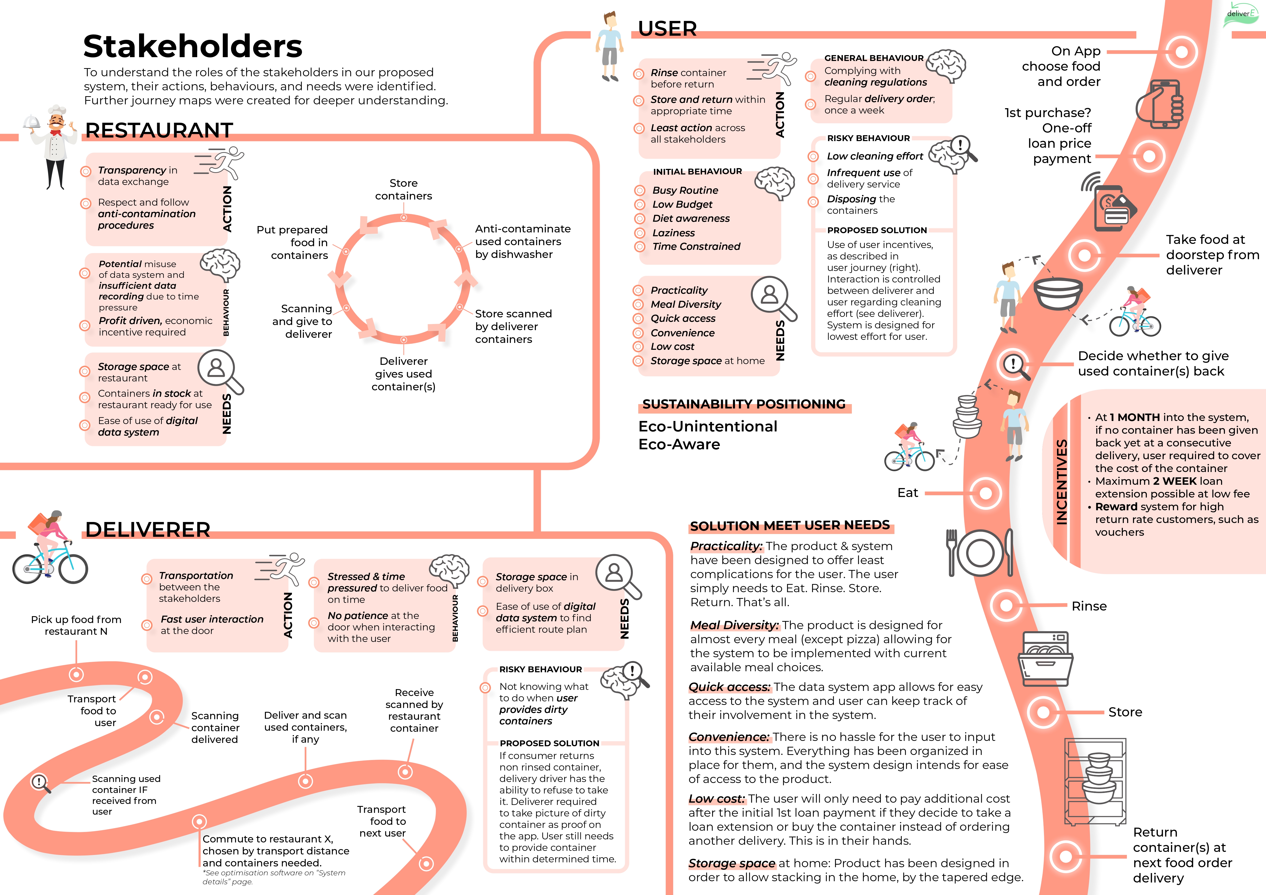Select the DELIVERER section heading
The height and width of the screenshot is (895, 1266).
[148, 530]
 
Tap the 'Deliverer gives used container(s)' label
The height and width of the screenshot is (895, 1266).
[404, 374]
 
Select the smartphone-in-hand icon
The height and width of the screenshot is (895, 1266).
[1159, 105]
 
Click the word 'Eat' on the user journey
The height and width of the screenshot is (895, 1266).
[908, 493]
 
